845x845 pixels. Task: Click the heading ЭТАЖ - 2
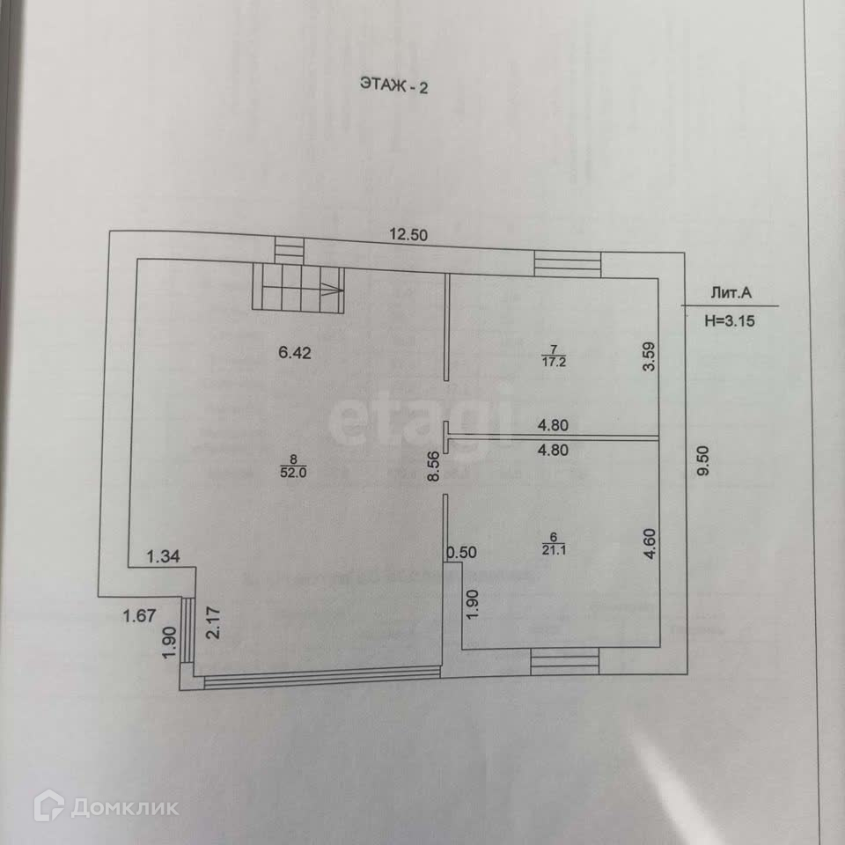point(393,85)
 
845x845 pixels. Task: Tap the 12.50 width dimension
point(412,234)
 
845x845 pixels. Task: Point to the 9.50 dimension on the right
point(702,459)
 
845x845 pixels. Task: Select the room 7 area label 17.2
point(554,360)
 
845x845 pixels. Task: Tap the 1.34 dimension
point(163,555)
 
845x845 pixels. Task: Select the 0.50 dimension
point(461,553)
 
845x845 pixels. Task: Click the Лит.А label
point(730,297)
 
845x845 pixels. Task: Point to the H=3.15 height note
point(730,321)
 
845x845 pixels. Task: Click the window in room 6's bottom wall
point(565,662)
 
